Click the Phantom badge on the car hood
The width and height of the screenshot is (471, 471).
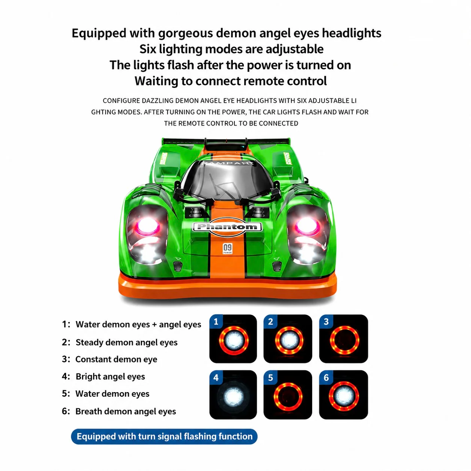click(227, 226)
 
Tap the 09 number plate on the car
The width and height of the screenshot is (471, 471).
click(227, 249)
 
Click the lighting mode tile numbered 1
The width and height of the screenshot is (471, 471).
click(233, 338)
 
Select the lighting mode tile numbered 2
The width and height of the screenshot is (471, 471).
click(288, 338)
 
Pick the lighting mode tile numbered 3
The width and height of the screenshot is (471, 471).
click(343, 338)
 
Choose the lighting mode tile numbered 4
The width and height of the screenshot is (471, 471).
click(233, 394)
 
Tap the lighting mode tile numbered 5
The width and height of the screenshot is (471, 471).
click(288, 394)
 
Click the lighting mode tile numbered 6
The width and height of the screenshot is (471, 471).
click(343, 394)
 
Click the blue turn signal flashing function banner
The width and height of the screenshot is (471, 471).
click(164, 436)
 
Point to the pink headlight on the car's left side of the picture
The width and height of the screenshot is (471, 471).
click(147, 226)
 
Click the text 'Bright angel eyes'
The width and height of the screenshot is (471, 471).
click(110, 376)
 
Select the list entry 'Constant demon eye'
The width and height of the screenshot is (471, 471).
click(116, 359)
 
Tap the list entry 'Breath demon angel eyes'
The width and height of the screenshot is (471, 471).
click(125, 411)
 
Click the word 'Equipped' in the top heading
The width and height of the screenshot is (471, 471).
click(99, 33)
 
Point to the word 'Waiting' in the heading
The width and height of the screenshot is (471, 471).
click(156, 81)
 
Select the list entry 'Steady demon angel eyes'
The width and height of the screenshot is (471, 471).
click(127, 342)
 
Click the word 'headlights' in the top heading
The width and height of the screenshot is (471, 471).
click(352, 33)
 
